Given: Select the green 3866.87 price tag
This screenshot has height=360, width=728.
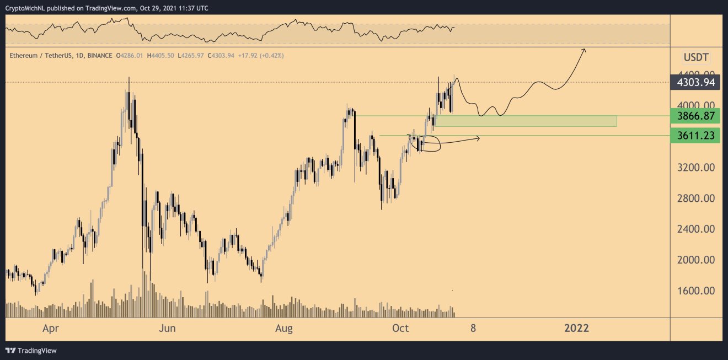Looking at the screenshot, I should click(695, 116).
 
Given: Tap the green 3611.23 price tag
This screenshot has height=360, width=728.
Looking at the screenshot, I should click(695, 135).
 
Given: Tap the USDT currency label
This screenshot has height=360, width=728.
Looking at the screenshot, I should click(696, 57).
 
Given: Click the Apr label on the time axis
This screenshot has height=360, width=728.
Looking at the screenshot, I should click(51, 329).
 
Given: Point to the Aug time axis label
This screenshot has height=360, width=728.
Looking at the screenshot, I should click(283, 329).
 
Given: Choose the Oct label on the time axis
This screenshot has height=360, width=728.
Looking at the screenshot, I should click(400, 329).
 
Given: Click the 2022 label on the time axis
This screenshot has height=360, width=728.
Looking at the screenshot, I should click(576, 329).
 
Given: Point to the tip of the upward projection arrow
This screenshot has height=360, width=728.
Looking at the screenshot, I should click(585, 50).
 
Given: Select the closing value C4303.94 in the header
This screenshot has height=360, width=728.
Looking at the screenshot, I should click(224, 56).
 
